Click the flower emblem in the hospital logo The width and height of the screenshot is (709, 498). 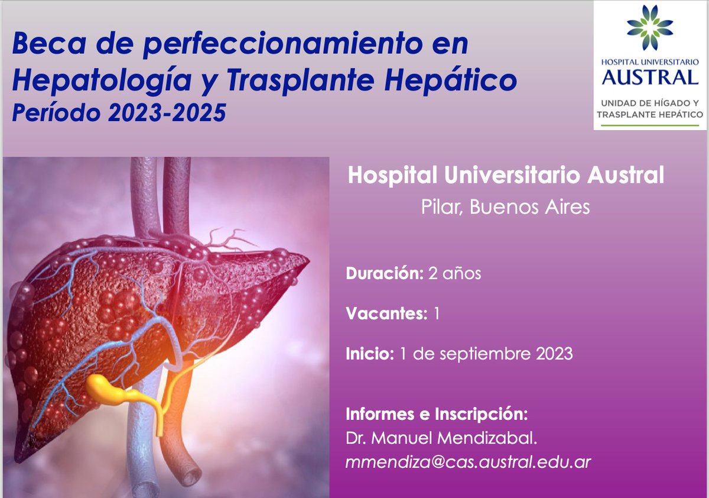[x=650, y=27]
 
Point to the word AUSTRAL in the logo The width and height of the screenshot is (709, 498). [x=650, y=76]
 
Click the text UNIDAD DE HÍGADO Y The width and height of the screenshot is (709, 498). [x=650, y=103]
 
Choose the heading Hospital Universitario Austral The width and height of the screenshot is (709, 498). [x=506, y=175]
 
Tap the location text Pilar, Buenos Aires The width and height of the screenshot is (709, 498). [x=506, y=207]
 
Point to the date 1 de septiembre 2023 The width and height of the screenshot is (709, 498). [x=486, y=354]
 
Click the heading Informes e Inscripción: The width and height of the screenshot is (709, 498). [x=437, y=414]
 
